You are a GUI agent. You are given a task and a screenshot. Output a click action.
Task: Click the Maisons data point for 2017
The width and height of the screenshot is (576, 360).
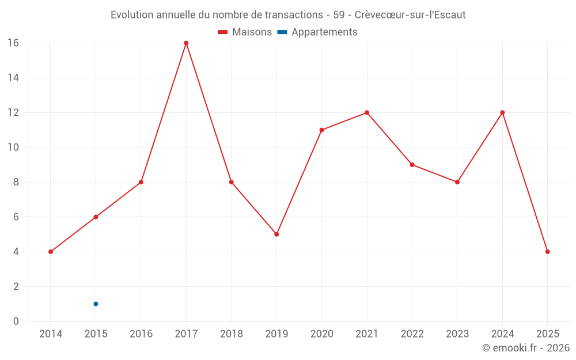point(186,43)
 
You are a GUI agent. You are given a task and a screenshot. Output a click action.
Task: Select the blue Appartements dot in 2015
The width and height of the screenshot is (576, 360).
point(96,304)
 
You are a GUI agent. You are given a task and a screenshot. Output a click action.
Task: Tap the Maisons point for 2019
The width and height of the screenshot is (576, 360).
point(276,234)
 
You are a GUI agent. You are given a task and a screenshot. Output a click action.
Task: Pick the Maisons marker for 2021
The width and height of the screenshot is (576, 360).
point(367,112)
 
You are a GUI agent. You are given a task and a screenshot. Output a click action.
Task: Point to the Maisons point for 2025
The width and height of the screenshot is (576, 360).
point(547,252)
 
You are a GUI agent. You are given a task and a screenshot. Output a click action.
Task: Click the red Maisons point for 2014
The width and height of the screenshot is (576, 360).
point(51,252)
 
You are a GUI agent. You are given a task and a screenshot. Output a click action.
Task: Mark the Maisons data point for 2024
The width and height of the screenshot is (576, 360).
point(502,112)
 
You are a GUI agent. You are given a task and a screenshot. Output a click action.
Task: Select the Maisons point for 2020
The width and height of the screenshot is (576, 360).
point(321,130)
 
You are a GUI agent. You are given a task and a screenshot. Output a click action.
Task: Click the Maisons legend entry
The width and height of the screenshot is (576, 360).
point(245,32)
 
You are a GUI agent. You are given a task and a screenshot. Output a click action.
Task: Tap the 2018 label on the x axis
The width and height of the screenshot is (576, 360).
point(231,334)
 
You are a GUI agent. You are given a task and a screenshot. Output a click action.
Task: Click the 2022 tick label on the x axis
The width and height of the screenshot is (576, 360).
point(412,334)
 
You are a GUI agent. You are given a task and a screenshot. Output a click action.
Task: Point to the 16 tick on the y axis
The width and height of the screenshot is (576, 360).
point(13,43)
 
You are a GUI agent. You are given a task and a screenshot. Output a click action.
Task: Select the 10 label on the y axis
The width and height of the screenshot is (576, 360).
point(13,147)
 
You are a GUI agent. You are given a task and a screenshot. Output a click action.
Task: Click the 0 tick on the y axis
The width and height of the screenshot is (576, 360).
point(16,321)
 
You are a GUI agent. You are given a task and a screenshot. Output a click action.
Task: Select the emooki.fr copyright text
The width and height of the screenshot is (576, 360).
point(526,348)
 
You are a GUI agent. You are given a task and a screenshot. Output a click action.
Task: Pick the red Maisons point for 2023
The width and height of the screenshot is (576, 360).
point(457,182)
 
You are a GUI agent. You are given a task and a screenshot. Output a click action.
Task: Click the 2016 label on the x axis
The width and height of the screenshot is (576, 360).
point(141,334)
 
